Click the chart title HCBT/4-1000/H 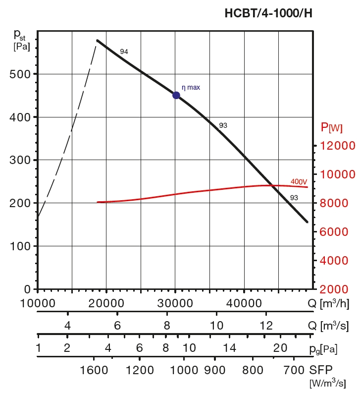tap(268, 13)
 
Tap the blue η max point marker tap(176, 95)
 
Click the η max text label tap(191, 87)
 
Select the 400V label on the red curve tap(299, 182)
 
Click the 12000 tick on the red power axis tap(337, 146)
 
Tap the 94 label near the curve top tap(124, 52)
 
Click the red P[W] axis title tap(331, 128)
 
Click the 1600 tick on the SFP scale tap(94, 370)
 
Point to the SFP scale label tap(321, 370)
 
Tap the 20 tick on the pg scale tap(281, 348)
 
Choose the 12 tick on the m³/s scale tap(266, 326)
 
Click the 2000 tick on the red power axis tap(337, 289)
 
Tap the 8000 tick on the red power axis tap(337, 203)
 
